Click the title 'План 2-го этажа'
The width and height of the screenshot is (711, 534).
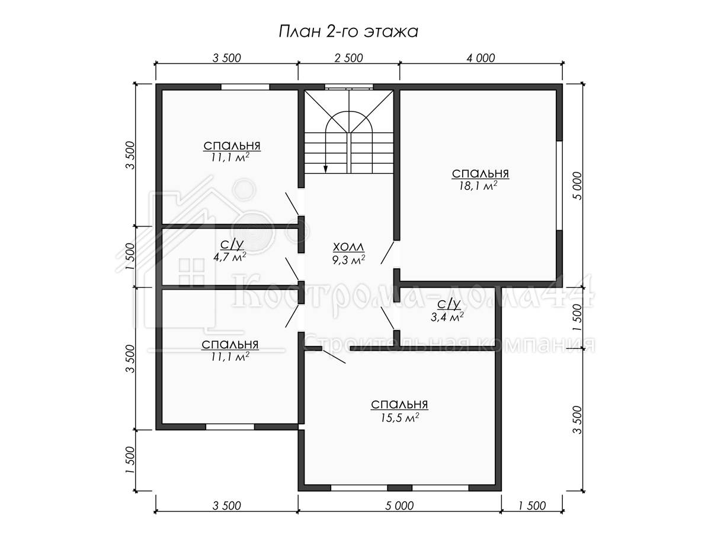pos(348,33)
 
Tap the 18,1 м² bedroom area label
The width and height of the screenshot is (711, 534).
pos(478,186)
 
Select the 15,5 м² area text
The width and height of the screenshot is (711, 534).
pos(400,418)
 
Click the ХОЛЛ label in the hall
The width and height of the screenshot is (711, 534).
pos(348,247)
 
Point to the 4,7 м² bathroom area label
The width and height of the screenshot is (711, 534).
pos(230,257)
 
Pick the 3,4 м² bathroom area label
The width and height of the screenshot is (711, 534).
pos(447,317)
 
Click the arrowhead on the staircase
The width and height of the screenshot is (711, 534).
pos(325,169)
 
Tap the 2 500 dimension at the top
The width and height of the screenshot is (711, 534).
pos(348,58)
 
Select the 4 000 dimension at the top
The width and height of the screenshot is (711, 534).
pos(481,58)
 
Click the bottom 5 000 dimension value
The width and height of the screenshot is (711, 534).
pos(399,506)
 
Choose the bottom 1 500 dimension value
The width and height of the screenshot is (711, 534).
pos(532,506)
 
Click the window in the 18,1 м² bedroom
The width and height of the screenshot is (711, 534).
pos(559,186)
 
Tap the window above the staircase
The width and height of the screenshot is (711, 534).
pos(348,87)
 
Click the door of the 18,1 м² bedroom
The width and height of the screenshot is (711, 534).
pos(387,253)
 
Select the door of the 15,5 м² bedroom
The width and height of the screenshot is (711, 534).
pos(334,356)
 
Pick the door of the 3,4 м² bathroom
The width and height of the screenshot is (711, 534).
pos(387,318)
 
